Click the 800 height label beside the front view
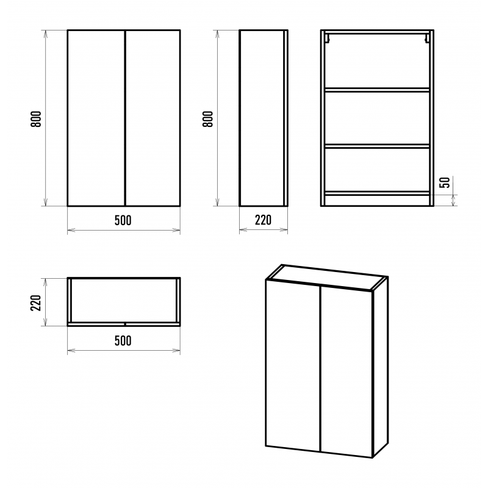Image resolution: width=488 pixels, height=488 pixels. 36,119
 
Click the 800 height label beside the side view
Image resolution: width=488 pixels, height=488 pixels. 207,119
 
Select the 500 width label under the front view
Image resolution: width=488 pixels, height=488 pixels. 123,220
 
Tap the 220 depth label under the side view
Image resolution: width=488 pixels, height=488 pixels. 264,220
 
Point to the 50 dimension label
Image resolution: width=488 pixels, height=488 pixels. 445,182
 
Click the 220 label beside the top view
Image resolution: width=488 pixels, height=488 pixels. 36,303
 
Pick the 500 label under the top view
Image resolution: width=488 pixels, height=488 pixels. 123,340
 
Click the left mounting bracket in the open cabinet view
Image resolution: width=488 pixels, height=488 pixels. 327,38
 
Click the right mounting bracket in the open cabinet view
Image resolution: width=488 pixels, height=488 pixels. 428,38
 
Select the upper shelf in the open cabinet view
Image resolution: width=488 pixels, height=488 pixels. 377,90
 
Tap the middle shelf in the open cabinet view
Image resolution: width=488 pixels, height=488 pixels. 377,146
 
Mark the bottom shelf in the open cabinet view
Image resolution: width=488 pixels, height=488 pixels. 377,193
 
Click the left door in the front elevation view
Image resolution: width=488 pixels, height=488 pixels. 96,118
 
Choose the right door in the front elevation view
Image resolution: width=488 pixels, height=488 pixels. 153,118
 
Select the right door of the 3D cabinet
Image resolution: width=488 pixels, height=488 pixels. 346,372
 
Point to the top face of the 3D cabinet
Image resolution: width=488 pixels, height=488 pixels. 327,278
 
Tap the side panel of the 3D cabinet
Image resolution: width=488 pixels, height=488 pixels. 380,367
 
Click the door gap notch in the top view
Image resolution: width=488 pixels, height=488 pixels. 125,325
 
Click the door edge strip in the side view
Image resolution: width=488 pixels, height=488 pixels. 285,118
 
